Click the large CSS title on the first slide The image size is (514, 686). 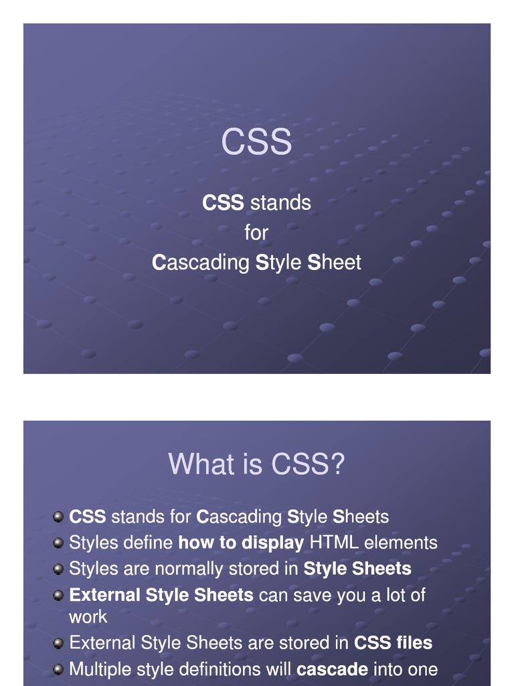(256, 141)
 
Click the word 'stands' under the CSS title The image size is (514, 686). (280, 202)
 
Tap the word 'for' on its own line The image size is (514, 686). (256, 232)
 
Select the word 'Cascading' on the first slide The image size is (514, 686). (201, 263)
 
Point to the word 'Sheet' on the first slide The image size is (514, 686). (335, 263)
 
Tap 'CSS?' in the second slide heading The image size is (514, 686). (308, 464)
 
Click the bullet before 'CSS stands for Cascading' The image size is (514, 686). (58, 517)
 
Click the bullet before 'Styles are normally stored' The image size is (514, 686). (58, 569)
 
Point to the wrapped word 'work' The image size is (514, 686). (88, 617)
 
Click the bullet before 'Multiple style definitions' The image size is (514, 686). (58, 670)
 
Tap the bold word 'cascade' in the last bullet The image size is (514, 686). (332, 670)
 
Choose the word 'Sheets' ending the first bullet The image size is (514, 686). (361, 517)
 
